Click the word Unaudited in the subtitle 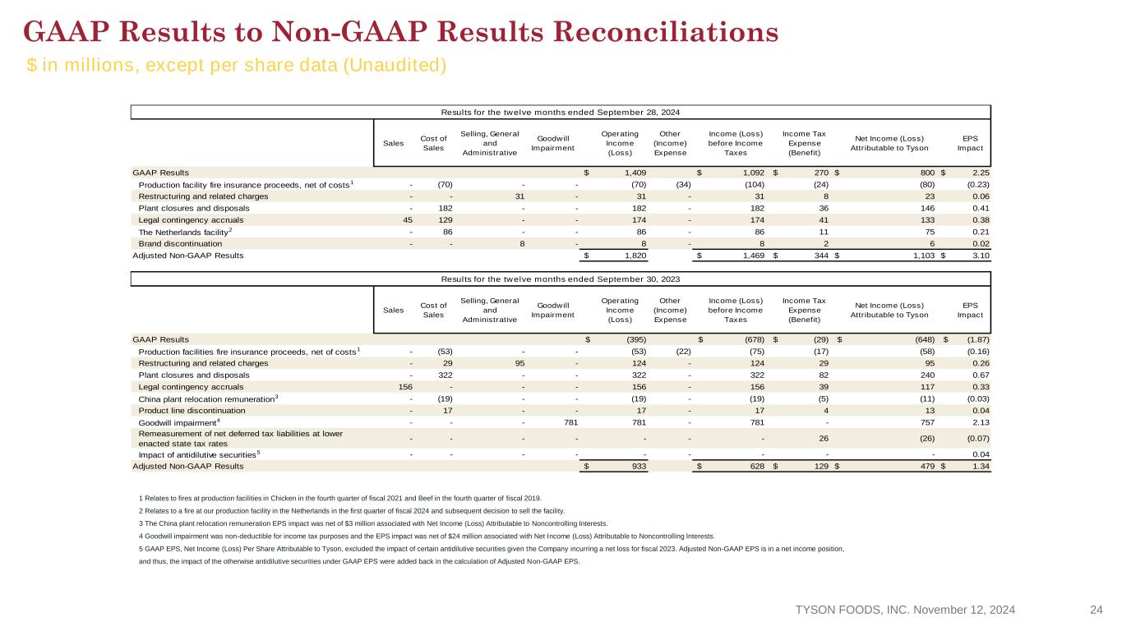coord(394,65)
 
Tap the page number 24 coord(1097,610)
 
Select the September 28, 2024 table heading coord(560,113)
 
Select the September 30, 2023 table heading coord(560,279)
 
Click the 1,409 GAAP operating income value coord(635,173)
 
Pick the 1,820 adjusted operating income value coord(635,256)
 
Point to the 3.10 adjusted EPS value coord(981,256)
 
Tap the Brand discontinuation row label coord(180,244)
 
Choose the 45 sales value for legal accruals coord(408,220)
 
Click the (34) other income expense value coord(683,184)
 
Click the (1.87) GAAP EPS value coord(978,339)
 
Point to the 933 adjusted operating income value coord(639,466)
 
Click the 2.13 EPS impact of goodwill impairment coord(981,422)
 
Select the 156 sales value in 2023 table coord(405,387)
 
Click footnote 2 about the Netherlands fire coord(352,511)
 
